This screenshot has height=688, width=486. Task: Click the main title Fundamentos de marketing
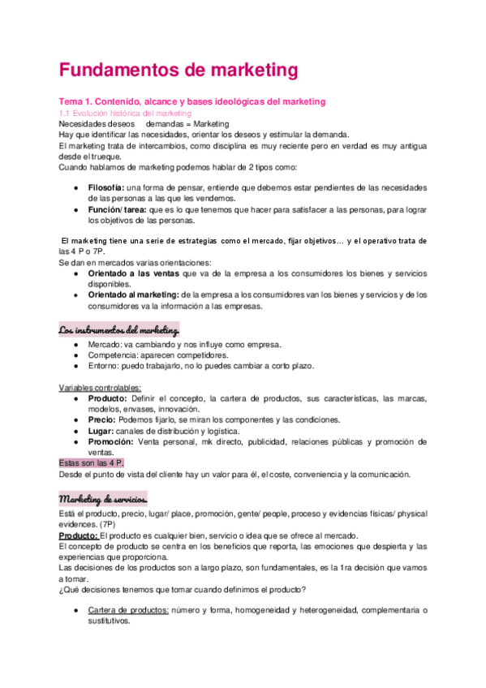tap(178, 71)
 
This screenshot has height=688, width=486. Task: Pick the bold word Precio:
tap(103, 419)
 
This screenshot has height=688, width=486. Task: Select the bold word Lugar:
tap(101, 430)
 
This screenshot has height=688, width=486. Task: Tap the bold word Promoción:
tap(113, 441)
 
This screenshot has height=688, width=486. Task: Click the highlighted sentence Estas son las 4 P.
tap(91, 462)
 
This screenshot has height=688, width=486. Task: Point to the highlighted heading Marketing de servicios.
tap(102, 497)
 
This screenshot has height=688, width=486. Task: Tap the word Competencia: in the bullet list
tap(115, 355)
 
